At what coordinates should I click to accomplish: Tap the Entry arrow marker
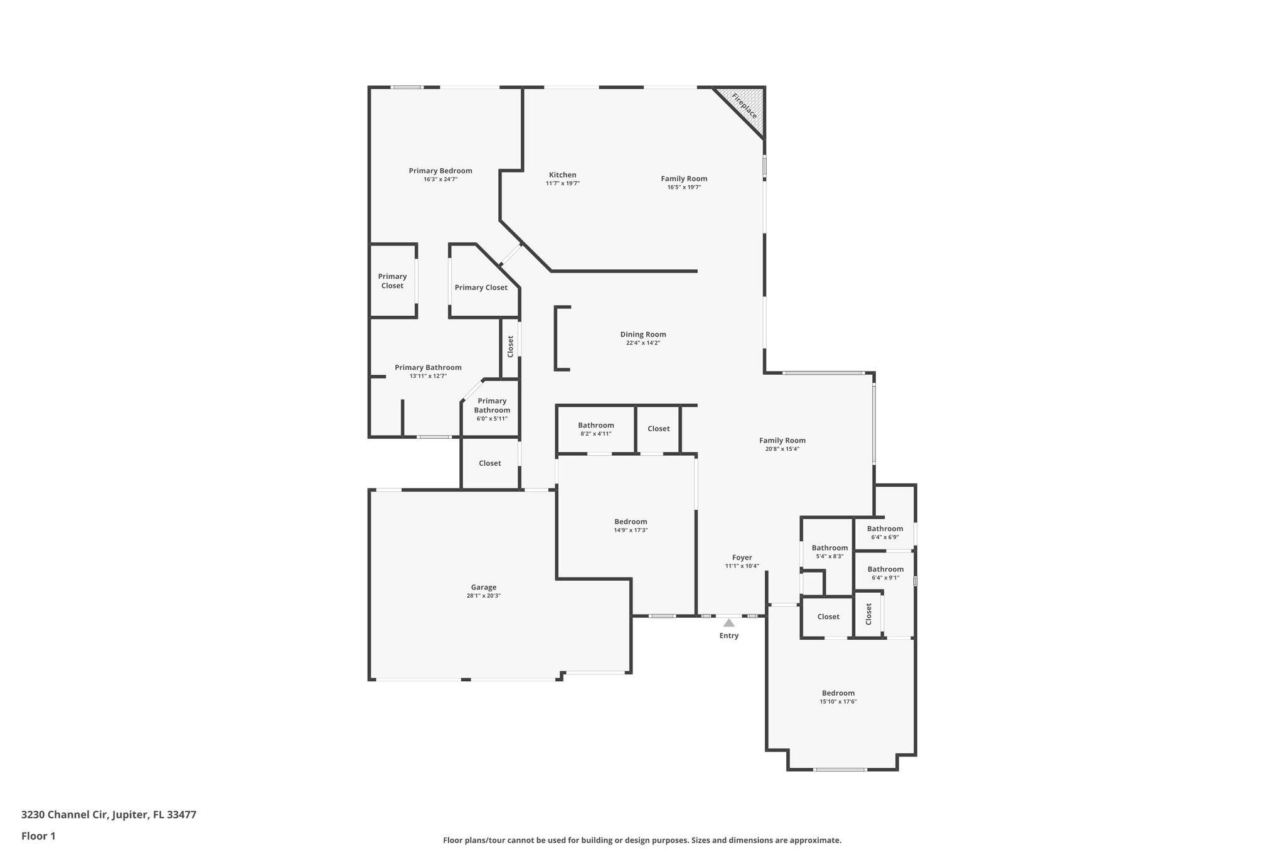[x=728, y=623]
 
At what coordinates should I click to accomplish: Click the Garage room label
[x=483, y=588]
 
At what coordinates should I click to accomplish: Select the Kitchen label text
[x=562, y=175]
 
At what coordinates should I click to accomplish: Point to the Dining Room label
[x=642, y=335]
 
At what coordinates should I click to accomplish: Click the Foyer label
[x=742, y=558]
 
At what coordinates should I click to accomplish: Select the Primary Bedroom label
[x=440, y=171]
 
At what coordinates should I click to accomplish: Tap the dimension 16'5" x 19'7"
[x=684, y=187]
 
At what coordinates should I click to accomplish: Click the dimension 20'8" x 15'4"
[x=782, y=449]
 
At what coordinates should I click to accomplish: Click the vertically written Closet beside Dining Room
[x=510, y=347]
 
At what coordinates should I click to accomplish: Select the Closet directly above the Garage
[x=489, y=463]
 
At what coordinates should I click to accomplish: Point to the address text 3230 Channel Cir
[x=109, y=815]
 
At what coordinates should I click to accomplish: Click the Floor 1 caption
[x=38, y=836]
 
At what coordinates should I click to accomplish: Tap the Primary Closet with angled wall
[x=481, y=288]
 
